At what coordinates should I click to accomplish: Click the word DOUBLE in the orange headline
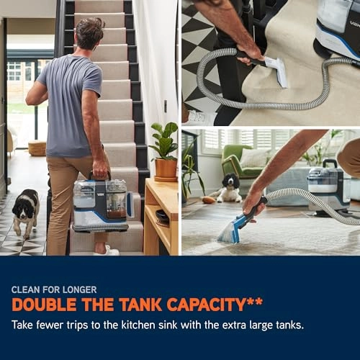44,305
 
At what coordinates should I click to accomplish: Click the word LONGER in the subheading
80,289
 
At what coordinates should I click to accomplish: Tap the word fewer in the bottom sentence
50,325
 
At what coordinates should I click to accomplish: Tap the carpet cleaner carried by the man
102,203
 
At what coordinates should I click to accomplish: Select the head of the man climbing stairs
89,33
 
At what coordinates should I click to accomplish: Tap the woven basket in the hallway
37,148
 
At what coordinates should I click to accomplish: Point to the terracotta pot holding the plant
166,169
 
